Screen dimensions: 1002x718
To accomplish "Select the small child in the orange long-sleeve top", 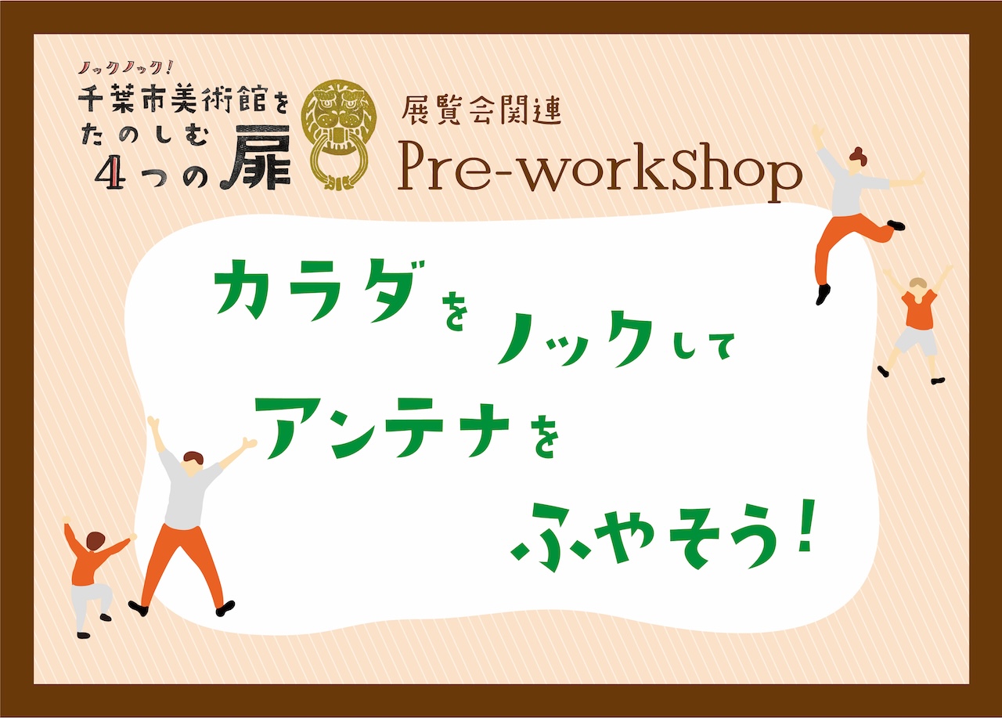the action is (92, 577).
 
